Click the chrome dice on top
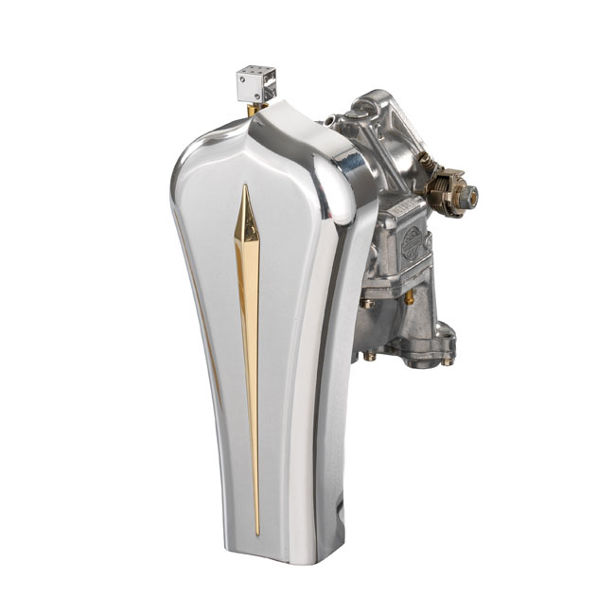(x=256, y=84)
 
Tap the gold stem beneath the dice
(x=253, y=110)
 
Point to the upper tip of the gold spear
(x=246, y=186)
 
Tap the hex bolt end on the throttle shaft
(x=469, y=197)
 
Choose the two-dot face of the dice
(x=249, y=91)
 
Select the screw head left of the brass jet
(x=366, y=304)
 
